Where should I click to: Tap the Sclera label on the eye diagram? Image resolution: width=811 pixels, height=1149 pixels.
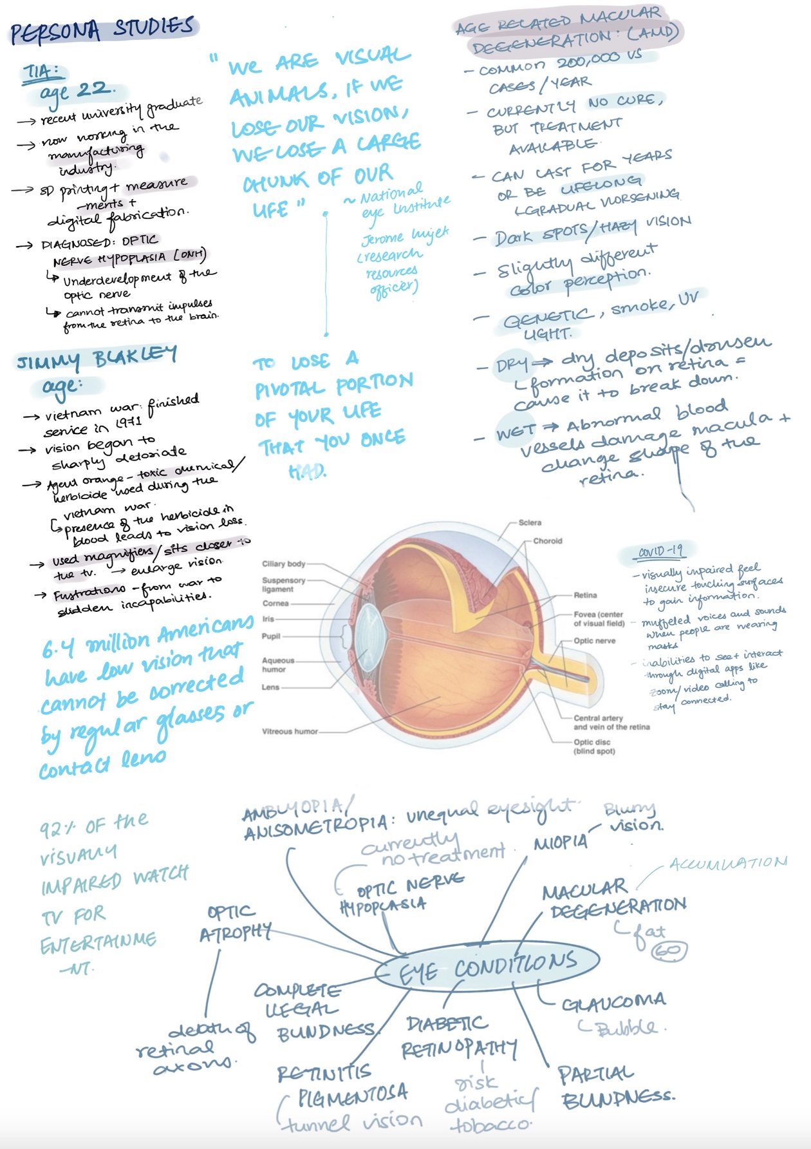[530, 522]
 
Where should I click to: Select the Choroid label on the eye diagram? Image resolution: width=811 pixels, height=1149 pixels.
[547, 541]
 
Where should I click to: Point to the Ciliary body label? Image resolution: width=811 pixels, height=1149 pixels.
[283, 564]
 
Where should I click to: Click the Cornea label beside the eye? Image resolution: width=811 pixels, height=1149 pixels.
[275, 603]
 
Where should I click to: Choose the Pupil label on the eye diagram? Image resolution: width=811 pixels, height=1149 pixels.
[271, 636]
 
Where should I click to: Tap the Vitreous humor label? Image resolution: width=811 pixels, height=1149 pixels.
[290, 731]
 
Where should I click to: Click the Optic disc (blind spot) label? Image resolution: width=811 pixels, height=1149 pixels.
[594, 746]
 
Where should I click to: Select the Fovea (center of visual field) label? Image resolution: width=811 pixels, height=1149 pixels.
[599, 619]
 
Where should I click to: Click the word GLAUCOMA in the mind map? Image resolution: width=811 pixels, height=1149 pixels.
[613, 1002]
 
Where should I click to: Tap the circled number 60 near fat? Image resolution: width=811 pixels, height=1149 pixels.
[669, 951]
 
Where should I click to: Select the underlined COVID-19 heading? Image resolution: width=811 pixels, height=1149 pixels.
[660, 551]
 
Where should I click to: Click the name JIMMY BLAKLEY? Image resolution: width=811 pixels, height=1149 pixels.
[97, 359]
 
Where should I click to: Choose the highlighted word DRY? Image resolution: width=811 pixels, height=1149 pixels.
[512, 365]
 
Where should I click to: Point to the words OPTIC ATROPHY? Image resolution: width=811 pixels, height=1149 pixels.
[234, 922]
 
